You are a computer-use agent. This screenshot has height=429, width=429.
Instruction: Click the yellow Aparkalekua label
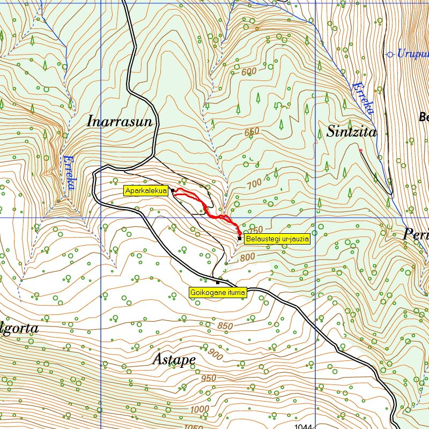point(146,190)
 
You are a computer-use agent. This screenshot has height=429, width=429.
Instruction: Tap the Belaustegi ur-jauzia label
point(277,240)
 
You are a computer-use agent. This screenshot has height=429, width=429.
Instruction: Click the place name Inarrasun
point(120,122)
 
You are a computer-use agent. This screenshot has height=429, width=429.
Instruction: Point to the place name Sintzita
point(351,132)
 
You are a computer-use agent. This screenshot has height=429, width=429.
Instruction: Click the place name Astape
point(174,359)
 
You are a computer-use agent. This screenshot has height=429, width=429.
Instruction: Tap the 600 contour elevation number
point(249,72)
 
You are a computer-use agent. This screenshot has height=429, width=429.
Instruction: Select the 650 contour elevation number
point(252,132)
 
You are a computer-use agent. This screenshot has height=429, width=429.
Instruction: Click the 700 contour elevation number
point(255,183)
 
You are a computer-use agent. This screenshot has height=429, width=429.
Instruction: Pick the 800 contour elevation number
point(247,257)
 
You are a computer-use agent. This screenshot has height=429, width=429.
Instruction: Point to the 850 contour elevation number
point(226,326)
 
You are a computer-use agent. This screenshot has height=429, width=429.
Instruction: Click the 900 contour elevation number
point(215,354)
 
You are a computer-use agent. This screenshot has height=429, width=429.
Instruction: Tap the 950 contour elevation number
point(209,378)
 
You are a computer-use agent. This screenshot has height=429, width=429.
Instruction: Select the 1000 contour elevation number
point(200,409)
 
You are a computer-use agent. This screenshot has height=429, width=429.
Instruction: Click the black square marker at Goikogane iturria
point(217,282)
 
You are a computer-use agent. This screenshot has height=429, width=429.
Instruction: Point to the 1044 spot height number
point(304,426)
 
